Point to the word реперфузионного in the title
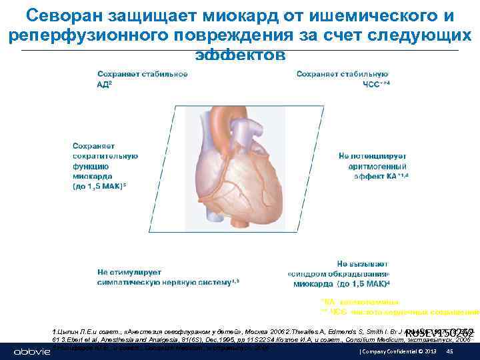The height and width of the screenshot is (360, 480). click(x=81, y=35)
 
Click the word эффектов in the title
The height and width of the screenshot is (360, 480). click(x=241, y=54)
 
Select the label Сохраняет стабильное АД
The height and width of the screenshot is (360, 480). click(x=142, y=79)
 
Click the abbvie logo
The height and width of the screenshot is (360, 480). click(x=30, y=351)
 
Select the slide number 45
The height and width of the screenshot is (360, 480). click(x=449, y=351)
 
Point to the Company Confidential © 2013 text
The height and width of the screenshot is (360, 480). click(x=390, y=351)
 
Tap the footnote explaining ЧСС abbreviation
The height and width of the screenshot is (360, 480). click(x=400, y=311)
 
